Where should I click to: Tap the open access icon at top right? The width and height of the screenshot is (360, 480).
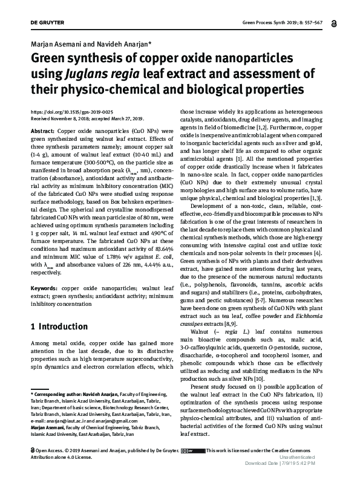click(x=334, y=24)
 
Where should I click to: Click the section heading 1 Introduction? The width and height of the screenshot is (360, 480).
click(x=59, y=326)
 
